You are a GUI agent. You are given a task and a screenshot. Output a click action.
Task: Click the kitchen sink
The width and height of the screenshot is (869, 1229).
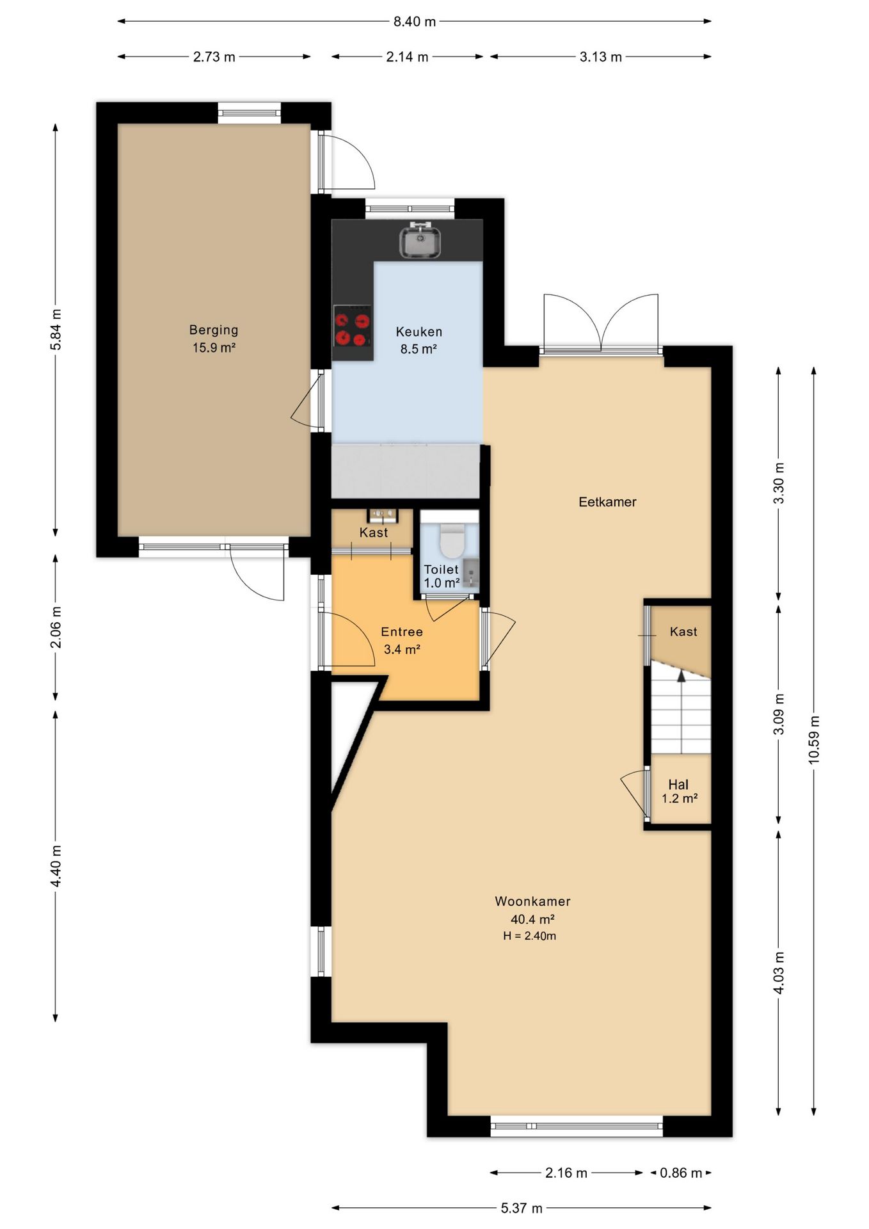click(420, 241)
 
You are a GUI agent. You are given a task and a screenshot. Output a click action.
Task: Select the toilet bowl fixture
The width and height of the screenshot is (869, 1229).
click(452, 540)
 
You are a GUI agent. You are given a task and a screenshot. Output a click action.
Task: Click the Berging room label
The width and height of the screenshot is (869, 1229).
click(214, 330)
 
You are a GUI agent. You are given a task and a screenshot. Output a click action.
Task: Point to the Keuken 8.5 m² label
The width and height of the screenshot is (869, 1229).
click(419, 340)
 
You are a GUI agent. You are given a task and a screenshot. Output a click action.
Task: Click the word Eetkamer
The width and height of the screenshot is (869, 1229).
click(607, 502)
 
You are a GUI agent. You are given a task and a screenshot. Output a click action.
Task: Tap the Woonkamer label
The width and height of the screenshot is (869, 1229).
click(532, 901)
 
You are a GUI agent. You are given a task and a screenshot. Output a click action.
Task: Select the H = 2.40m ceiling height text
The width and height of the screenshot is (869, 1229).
click(530, 936)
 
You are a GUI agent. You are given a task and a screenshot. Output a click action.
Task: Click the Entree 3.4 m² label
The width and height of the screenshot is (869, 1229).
click(402, 640)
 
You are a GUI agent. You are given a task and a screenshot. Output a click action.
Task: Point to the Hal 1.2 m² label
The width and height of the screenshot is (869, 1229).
click(679, 791)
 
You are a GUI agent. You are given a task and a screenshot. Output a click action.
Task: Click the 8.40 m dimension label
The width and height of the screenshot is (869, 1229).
click(415, 22)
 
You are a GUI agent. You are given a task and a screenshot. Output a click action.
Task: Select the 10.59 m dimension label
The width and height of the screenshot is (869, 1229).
click(814, 739)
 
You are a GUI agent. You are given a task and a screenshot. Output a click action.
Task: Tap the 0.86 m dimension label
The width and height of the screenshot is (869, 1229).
click(681, 1173)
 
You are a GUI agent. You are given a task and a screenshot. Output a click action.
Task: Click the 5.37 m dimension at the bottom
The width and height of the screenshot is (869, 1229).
click(522, 1208)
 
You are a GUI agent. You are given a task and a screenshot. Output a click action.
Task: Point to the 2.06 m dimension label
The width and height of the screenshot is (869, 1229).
click(56, 627)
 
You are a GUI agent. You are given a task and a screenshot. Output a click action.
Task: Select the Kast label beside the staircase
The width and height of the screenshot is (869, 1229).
click(683, 632)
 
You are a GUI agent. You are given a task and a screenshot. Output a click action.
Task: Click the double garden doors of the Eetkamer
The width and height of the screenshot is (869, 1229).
click(601, 323)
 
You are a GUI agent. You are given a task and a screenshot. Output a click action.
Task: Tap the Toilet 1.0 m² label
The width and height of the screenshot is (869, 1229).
click(442, 576)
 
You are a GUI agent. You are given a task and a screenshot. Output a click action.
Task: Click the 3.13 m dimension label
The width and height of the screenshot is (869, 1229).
click(601, 57)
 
